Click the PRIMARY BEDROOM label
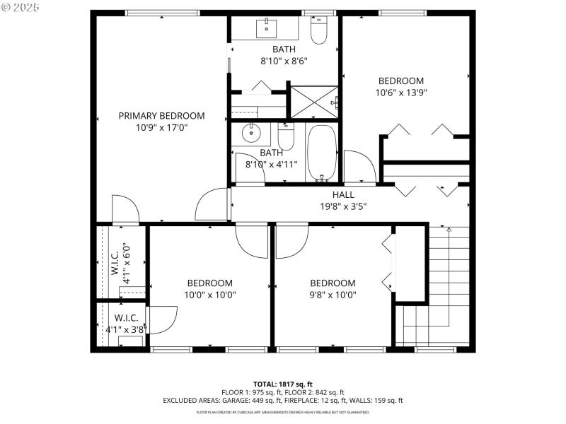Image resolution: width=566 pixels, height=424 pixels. click(x=161, y=116)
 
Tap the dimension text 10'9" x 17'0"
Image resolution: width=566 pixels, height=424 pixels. click(x=161, y=128)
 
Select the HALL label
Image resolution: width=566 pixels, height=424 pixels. click(x=343, y=194)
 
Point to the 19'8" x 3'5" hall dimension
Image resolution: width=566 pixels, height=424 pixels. click(x=343, y=206)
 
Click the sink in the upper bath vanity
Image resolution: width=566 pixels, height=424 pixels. click(x=267, y=29)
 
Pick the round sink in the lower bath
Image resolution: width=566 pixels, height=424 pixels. click(x=250, y=133)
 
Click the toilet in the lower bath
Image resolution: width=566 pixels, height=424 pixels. click(x=286, y=136)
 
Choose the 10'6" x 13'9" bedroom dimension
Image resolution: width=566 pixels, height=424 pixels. click(x=400, y=93)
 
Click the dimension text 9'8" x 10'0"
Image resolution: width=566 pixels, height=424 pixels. click(x=333, y=295)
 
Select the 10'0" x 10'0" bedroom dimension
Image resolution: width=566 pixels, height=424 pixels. click(x=210, y=295)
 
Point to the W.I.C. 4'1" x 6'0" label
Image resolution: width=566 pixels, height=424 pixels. click(x=121, y=263)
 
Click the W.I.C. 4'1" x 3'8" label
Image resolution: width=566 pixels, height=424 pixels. click(x=121, y=324)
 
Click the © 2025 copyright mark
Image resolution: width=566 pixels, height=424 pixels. click(x=21, y=8)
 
